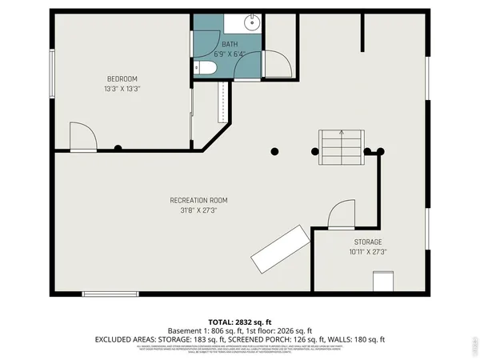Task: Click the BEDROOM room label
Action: click(122, 78)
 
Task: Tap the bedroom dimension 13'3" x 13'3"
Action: click(122, 89)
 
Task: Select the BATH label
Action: click(230, 45)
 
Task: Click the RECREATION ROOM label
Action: click(198, 200)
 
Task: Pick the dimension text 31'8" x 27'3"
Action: click(198, 210)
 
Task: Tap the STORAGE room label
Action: click(368, 242)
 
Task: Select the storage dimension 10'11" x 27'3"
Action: click(368, 251)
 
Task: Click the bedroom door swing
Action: click(82, 137)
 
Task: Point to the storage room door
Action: click(341, 214)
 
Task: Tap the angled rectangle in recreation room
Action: click(280, 249)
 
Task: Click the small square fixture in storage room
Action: click(383, 282)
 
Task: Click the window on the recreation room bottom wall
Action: click(110, 294)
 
